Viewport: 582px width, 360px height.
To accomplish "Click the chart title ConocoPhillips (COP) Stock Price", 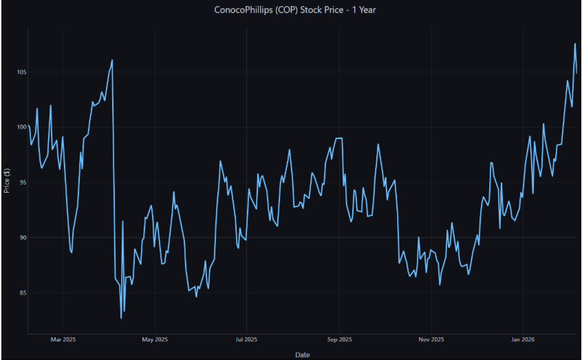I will point(290,10).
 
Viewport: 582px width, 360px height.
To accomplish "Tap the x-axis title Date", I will point(302,354).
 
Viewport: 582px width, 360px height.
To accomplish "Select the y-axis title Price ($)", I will point(6,180).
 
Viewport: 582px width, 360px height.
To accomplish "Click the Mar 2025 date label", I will point(63,339).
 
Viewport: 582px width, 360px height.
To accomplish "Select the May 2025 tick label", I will point(155,339).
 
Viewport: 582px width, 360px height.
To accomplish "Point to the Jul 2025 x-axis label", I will point(246,339).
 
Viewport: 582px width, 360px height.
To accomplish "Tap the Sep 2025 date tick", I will point(339,339).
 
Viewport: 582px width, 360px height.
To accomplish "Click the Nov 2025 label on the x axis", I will point(431,339).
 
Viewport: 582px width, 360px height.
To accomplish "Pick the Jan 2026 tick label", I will point(523,339).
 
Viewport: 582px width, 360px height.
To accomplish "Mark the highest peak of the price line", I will point(575,44).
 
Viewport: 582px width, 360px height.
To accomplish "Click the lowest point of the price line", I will point(121,318).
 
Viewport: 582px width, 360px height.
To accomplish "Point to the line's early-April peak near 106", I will point(112,60).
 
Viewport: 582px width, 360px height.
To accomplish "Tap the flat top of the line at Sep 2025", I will point(338,138).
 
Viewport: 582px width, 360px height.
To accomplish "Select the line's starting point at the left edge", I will point(28,127).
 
